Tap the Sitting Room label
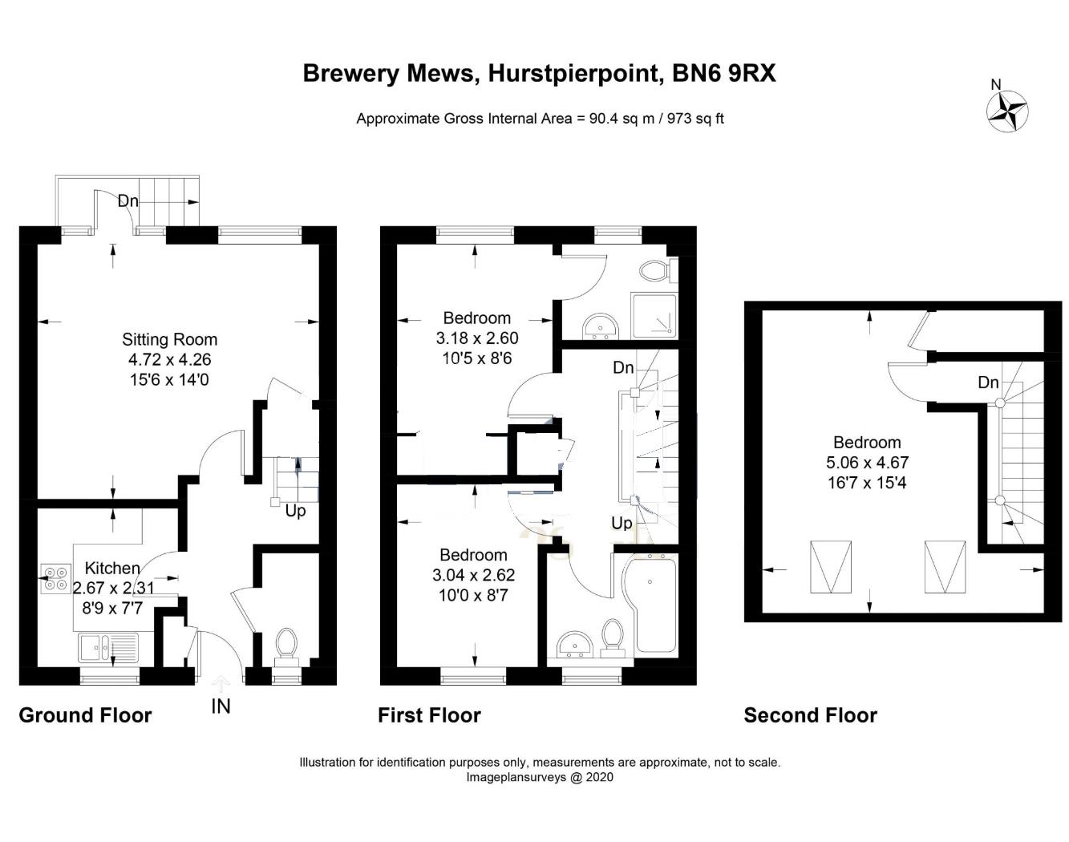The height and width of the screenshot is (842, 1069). tap(169, 339)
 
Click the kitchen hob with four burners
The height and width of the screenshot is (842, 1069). tap(56, 578)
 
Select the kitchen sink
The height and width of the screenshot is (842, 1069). tap(108, 645)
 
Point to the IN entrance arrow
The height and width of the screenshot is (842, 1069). tap(221, 685)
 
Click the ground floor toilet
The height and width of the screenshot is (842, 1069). tap(285, 644)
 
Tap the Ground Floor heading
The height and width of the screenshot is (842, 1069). tap(85, 715)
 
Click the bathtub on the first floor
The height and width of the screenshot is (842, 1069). tap(654, 605)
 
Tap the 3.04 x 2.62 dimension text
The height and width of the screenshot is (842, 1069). tap(473, 575)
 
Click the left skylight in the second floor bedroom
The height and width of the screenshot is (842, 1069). tap(831, 567)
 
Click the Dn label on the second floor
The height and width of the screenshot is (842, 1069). tap(988, 383)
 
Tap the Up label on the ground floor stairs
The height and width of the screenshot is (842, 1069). tap(295, 511)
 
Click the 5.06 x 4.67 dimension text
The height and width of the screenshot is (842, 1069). tap(867, 463)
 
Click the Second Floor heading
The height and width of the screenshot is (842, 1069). tap(810, 715)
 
